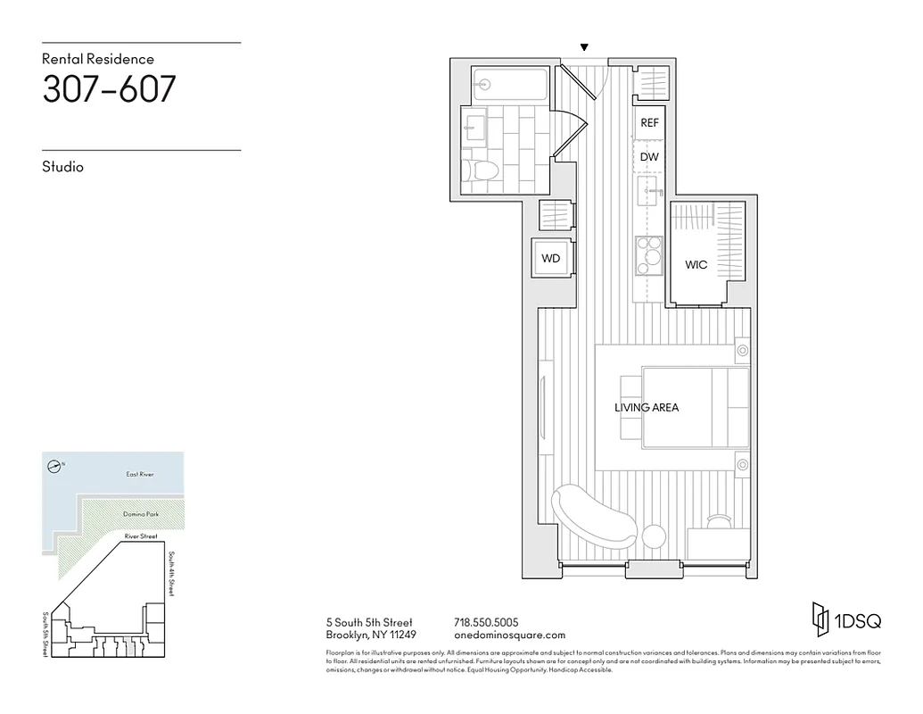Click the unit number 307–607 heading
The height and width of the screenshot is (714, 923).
tap(109, 89)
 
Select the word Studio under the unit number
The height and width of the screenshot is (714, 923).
tap(62, 167)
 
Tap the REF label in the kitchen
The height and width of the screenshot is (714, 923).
tap(649, 123)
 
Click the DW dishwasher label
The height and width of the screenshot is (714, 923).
tap(649, 157)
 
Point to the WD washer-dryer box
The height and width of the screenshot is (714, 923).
tap(551, 259)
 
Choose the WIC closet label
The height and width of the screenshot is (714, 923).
tap(696, 265)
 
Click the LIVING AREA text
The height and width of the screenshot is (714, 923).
tap(647, 408)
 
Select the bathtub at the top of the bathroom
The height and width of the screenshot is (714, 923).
tap(510, 85)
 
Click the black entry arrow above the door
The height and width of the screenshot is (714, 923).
tap(584, 47)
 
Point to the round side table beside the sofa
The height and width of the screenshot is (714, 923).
tap(654, 536)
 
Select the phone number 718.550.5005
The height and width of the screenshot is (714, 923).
tap(486, 622)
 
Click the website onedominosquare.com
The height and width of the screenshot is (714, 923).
tap(509, 635)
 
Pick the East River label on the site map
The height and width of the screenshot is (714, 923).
tap(139, 474)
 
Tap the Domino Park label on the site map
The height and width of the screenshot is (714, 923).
tap(139, 515)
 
